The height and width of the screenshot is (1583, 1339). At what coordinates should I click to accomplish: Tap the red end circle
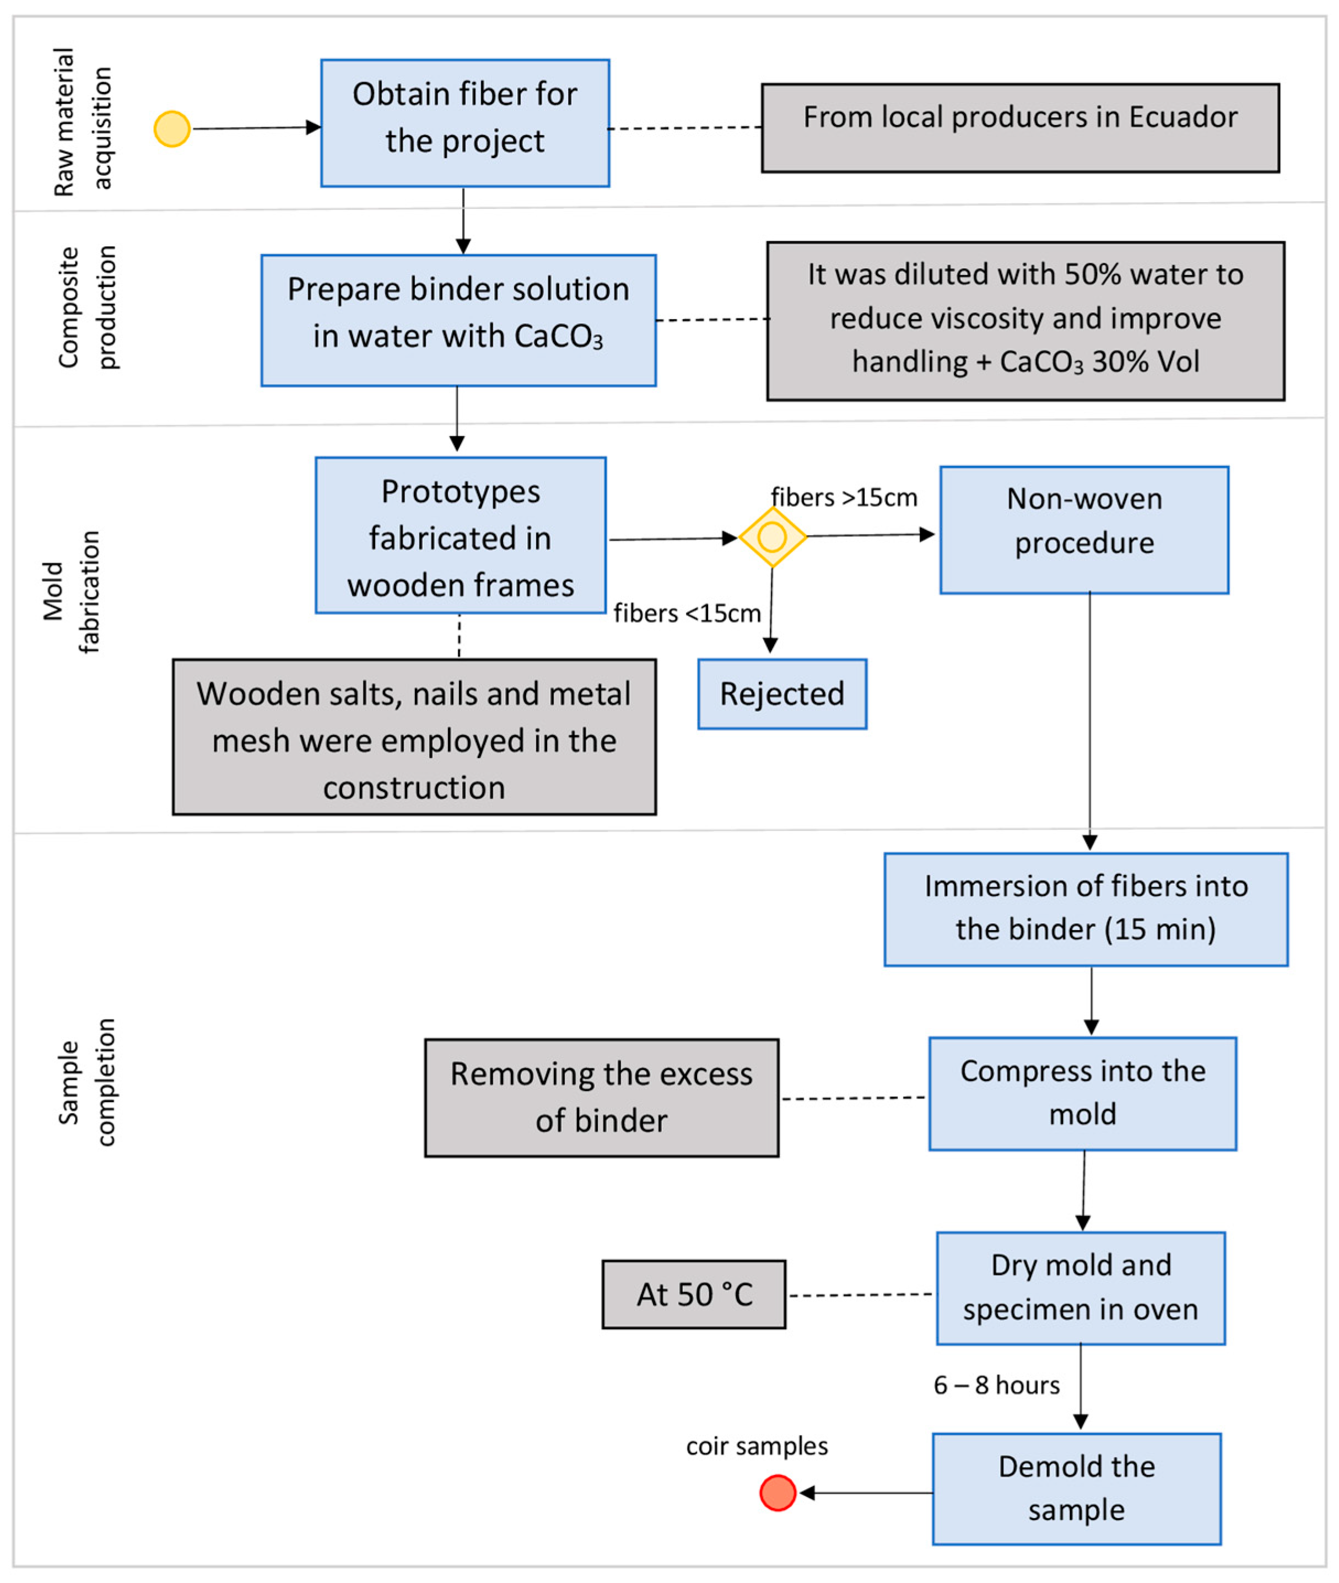point(778,1493)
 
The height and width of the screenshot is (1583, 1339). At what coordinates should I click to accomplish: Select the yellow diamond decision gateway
point(772,537)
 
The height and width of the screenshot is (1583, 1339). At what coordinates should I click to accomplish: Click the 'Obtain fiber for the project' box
point(465,123)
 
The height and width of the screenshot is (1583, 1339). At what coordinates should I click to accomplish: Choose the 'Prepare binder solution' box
point(458,320)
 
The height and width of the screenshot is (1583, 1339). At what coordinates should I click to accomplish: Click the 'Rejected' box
point(782,694)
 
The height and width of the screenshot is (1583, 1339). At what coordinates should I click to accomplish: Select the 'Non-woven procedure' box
point(1084,530)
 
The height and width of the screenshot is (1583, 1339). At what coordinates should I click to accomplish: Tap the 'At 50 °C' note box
point(694,1295)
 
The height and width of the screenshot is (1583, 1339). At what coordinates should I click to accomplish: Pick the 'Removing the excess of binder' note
point(602,1098)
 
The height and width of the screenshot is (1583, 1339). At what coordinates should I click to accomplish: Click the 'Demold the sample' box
point(1076,1488)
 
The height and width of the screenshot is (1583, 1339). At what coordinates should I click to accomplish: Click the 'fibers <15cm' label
point(687,612)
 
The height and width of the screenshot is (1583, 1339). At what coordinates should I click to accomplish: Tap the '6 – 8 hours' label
point(997,1385)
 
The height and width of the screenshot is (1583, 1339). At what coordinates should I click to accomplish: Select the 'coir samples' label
point(757,1446)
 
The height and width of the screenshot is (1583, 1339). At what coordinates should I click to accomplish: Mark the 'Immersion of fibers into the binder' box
point(1086,909)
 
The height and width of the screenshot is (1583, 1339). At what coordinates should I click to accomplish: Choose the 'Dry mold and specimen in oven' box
point(1081,1288)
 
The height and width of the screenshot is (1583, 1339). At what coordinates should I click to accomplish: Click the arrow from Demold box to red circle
point(866,1493)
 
